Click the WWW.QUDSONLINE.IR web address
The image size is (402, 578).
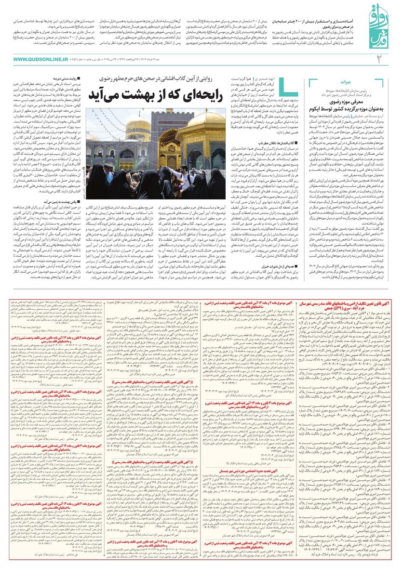[x=40, y=59]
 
